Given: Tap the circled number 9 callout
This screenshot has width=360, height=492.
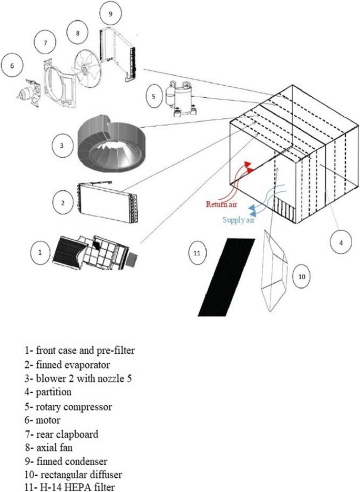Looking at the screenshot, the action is tap(110, 14).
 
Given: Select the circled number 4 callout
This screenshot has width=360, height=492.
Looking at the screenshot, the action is tap(341, 242).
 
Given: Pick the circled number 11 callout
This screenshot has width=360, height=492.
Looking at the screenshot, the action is tap(197, 253).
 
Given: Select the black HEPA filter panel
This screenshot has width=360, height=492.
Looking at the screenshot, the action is tap(227, 276).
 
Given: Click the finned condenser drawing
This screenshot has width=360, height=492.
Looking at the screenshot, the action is tap(120, 53).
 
